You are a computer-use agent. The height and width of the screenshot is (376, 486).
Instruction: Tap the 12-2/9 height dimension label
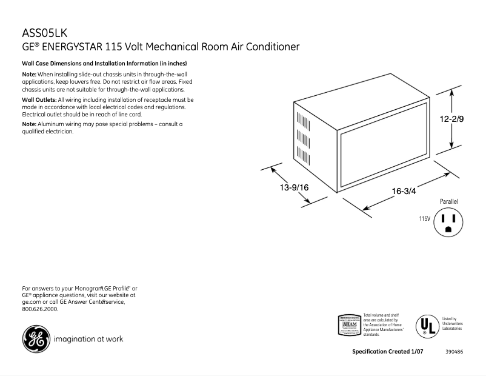(453, 119)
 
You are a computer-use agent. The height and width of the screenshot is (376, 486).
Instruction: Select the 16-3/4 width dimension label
(404, 191)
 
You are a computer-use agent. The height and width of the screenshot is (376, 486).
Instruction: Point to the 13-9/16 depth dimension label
(295, 187)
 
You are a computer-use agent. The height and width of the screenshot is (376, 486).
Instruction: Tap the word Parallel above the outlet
(449, 201)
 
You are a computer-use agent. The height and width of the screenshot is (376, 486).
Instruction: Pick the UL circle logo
(425, 326)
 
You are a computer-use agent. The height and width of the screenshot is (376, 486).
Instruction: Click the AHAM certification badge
(348, 325)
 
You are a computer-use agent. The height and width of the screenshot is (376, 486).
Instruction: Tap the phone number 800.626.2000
(40, 309)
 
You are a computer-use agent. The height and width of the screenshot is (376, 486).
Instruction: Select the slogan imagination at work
(88, 339)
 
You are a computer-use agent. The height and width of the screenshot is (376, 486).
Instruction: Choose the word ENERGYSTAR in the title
(72, 47)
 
